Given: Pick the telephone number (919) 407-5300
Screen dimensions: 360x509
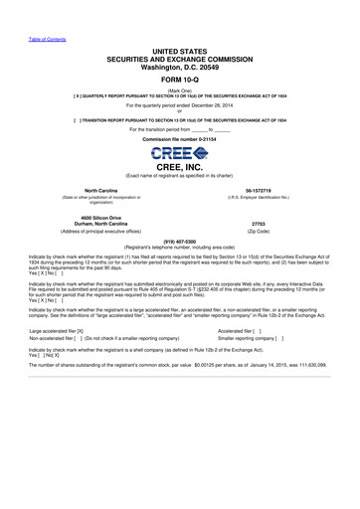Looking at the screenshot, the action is pyautogui.click(x=179, y=241).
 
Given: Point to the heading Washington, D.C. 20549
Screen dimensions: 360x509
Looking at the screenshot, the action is pyautogui.click(x=180, y=67).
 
